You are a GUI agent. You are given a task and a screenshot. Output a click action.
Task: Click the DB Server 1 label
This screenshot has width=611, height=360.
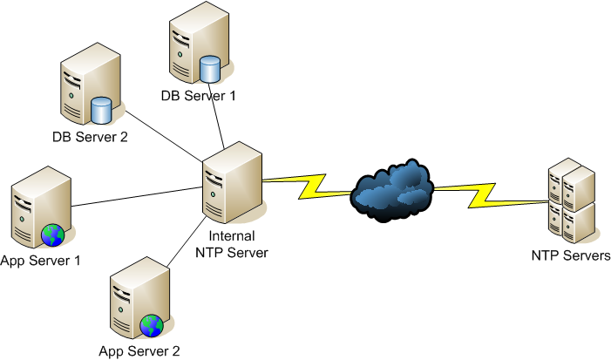click(198, 95)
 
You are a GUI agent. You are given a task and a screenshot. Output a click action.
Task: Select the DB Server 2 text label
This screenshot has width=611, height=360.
click(90, 135)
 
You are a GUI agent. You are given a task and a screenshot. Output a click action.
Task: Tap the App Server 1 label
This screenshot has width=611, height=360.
click(41, 260)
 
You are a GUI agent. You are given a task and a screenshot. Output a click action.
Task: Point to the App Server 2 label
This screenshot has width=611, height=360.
click(139, 351)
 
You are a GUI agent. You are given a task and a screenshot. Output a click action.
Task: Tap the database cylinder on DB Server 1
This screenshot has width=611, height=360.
click(208, 67)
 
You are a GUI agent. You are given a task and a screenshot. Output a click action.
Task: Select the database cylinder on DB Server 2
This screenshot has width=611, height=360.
click(102, 110)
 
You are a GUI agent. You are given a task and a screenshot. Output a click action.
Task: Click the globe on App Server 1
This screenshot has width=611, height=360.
click(51, 234)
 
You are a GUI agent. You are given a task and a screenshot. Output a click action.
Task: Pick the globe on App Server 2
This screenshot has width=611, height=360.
click(152, 326)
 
